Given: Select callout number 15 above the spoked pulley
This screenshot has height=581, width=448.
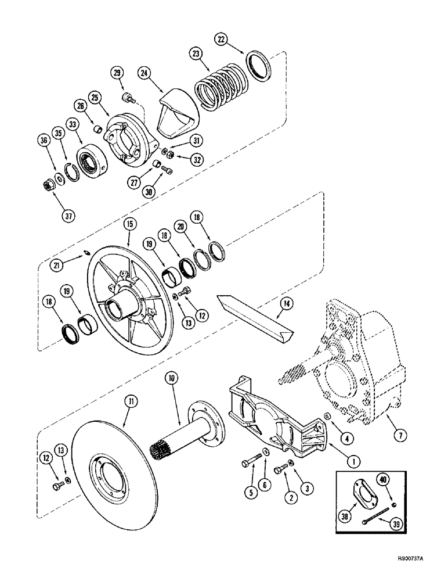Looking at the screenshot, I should [x=129, y=223].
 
